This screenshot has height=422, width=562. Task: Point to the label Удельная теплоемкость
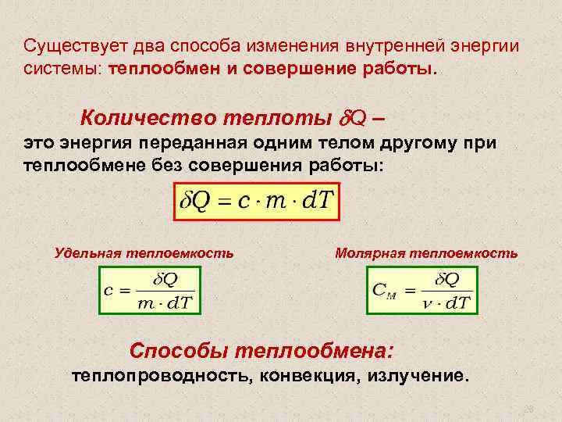click(144, 253)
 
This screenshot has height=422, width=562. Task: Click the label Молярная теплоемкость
click(425, 253)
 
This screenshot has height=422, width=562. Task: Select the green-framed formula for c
click(149, 290)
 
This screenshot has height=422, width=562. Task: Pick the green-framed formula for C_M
click(421, 290)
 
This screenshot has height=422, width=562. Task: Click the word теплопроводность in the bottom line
click(159, 376)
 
